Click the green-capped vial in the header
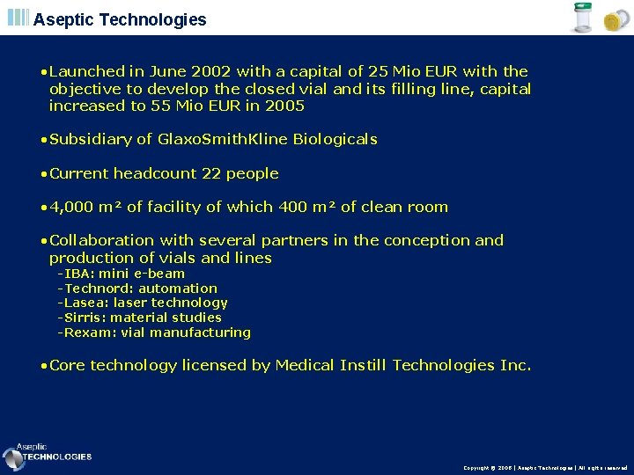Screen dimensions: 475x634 tap(582, 18)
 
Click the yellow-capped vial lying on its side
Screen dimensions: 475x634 tap(612, 22)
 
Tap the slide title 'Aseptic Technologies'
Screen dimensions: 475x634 tap(120, 19)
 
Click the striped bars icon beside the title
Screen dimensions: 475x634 tap(18, 18)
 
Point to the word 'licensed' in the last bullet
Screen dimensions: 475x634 tap(217, 365)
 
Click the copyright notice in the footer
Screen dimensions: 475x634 tap(545, 468)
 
